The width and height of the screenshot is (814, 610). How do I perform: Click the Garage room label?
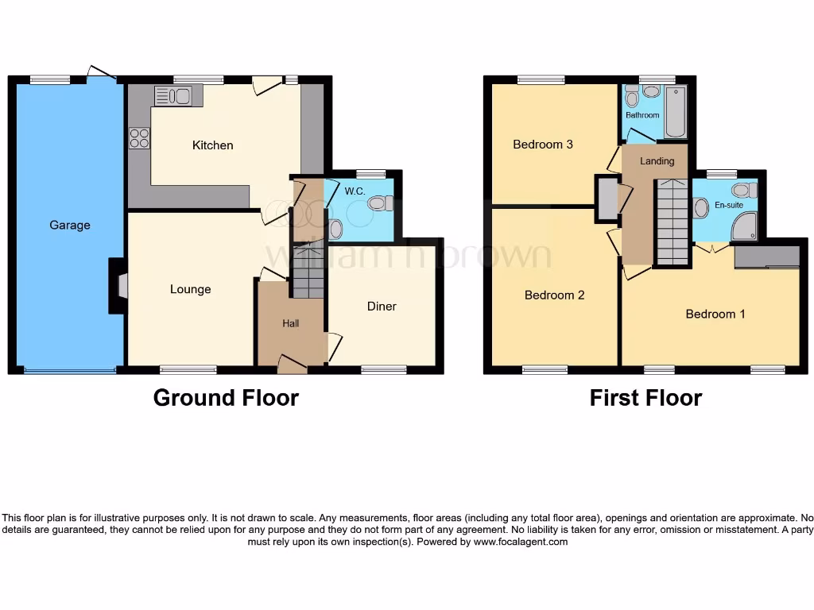pyautogui.click(x=70, y=225)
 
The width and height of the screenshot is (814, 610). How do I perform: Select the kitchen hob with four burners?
pyautogui.click(x=139, y=138)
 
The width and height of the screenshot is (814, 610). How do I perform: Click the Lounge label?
pyautogui.click(x=190, y=289)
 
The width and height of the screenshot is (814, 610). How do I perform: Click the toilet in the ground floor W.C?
pyautogui.click(x=378, y=203)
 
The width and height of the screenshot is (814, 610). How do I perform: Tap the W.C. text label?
pyautogui.click(x=355, y=191)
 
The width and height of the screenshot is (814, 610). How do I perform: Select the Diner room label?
pyautogui.click(x=382, y=306)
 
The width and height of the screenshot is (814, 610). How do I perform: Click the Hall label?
pyautogui.click(x=291, y=323)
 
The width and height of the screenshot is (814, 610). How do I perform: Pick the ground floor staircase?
pyautogui.click(x=308, y=272)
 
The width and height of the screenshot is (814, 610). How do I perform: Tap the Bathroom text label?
pyautogui.click(x=642, y=115)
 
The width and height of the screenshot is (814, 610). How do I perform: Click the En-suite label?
pyautogui.click(x=728, y=205)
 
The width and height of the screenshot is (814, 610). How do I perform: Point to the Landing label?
pyautogui.click(x=657, y=161)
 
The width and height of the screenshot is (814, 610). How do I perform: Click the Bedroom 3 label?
pyautogui.click(x=543, y=145)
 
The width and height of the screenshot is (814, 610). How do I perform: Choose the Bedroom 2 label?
pyautogui.click(x=554, y=295)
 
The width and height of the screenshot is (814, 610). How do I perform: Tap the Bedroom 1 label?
pyautogui.click(x=715, y=314)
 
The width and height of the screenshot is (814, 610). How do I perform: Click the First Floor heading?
pyautogui.click(x=645, y=397)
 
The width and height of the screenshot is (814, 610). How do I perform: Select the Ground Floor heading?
pyautogui.click(x=226, y=397)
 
